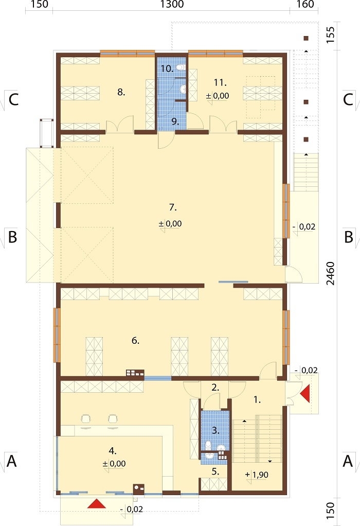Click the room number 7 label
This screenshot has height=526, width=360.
(173, 207)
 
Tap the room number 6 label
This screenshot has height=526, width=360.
(135, 341)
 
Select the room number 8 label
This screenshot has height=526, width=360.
(121, 92)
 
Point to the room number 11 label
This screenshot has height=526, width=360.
(220, 82)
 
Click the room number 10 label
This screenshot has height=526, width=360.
(167, 68)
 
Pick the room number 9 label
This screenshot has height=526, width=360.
(175, 121)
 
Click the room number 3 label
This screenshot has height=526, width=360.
(215, 430)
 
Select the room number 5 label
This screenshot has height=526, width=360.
(215, 471)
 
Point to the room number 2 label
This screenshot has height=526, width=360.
(215, 388)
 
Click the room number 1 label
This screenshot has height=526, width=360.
(257, 399)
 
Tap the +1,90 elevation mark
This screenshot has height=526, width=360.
(257, 475)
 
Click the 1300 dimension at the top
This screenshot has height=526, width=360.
(172, 4)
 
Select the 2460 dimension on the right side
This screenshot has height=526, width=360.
(331, 273)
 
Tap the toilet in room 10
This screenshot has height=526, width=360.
(181, 67)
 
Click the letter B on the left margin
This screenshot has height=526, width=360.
(12, 237)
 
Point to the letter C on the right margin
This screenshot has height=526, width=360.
(348, 100)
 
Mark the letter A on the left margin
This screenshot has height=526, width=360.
(12, 461)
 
